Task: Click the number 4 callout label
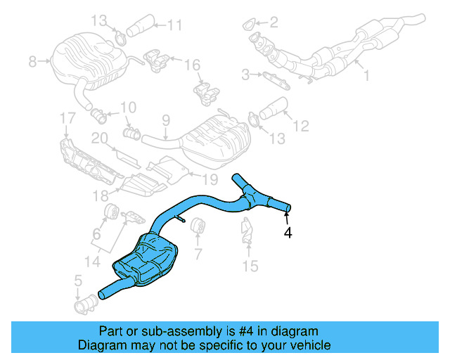coord(288,232)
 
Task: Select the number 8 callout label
coord(32,63)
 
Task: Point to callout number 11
coord(174,25)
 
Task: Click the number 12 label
coord(300,127)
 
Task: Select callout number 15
coord(250,266)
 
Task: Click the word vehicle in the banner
coord(309,345)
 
